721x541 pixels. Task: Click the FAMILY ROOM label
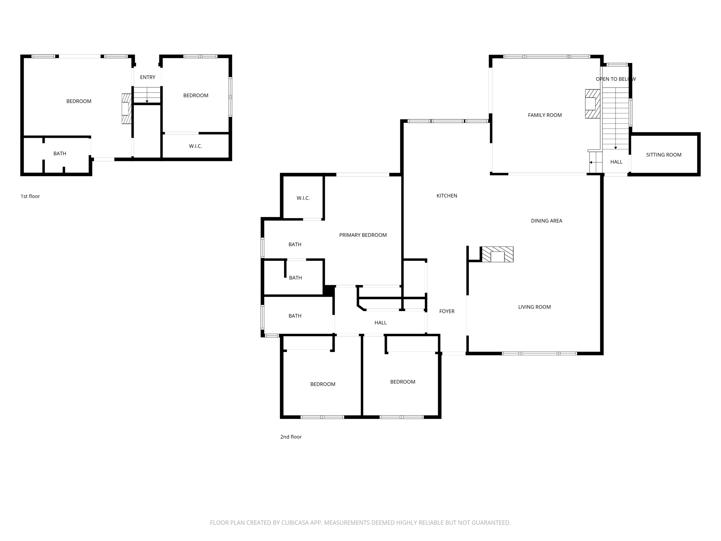(x=545, y=115)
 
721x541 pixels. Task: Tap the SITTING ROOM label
(x=663, y=155)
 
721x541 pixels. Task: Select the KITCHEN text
(x=447, y=196)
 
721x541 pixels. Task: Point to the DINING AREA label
(x=546, y=221)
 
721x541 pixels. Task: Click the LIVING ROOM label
(x=534, y=307)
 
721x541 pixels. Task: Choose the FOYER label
(x=447, y=311)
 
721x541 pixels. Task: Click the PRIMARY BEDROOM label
(x=363, y=235)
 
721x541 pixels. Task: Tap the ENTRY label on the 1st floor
(x=148, y=77)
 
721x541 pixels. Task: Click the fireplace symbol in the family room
(x=592, y=104)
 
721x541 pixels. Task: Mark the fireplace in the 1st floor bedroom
(x=126, y=108)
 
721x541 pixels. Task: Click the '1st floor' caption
(x=30, y=196)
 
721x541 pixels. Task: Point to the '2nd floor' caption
(x=291, y=437)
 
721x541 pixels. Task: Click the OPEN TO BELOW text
(x=615, y=79)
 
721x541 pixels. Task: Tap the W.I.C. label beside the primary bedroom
(x=303, y=198)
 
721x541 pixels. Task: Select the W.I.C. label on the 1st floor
(x=195, y=146)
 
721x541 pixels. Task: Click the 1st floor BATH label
(x=59, y=154)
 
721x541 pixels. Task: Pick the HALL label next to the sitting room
(x=616, y=162)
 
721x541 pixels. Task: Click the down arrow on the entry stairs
(x=147, y=101)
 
